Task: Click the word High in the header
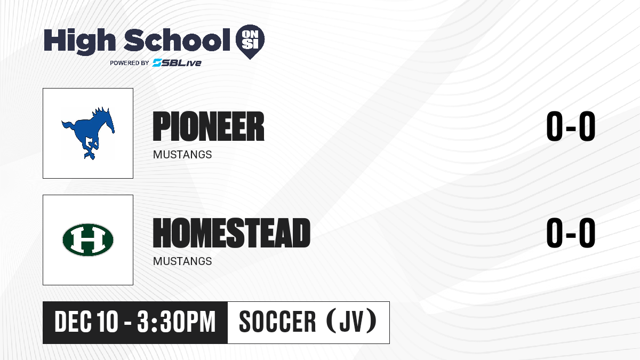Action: pos(79,41)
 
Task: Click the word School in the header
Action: pos(177,40)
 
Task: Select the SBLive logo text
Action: pos(177,62)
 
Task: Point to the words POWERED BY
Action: pos(130,63)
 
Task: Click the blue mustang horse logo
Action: pos(88,133)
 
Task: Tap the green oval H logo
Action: pos(88,239)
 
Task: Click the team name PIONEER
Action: pos(209,126)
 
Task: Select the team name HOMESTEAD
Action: pos(231,233)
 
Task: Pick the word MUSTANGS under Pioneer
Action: pos(182,155)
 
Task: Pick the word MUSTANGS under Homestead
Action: pos(182,261)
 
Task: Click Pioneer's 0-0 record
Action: pos(571,126)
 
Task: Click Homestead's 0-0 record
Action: pos(571,233)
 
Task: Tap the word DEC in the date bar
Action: pos(73,322)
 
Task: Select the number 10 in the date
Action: pos(107,322)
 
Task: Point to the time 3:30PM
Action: pos(177,322)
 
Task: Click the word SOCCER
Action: pos(277,322)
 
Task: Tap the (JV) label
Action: pos(351,322)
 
